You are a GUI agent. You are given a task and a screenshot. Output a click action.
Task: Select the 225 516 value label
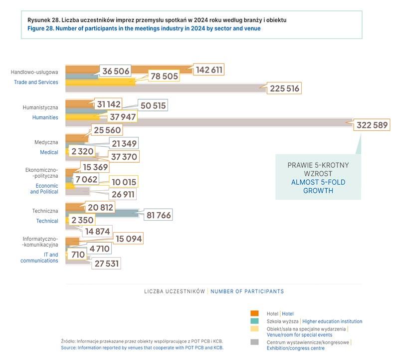[285, 89]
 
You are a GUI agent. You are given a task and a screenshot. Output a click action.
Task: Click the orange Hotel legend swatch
[254, 313]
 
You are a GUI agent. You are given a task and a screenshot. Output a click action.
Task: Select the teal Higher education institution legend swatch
[254, 321]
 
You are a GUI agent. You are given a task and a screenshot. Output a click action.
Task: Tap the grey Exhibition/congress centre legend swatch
[254, 342]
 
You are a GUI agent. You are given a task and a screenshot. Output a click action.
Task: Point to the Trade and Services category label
[36, 82]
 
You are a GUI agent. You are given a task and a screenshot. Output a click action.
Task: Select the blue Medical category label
[49, 152]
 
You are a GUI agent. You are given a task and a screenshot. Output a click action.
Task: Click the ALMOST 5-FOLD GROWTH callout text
[318, 186]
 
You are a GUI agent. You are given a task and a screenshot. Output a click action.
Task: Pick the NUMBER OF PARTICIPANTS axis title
[247, 291]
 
